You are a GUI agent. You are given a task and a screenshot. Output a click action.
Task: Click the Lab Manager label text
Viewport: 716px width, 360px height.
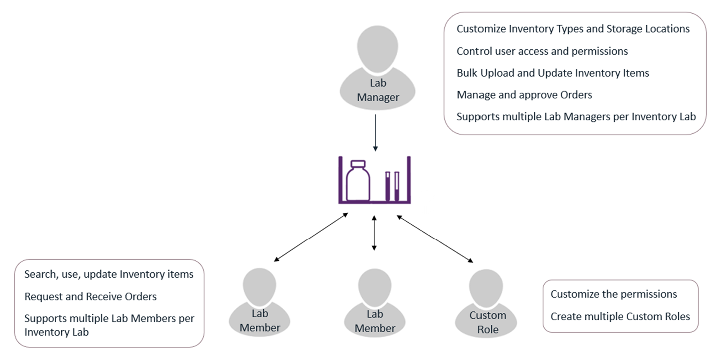click(378, 90)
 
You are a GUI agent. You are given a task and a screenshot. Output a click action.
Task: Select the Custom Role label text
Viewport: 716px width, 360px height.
click(488, 322)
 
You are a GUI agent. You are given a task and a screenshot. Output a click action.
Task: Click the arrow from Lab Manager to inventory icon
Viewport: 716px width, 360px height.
click(375, 132)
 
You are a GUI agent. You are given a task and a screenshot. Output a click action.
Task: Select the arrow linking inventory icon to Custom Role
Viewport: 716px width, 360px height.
click(435, 239)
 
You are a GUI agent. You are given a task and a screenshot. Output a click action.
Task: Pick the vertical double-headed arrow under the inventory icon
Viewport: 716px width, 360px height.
click(374, 233)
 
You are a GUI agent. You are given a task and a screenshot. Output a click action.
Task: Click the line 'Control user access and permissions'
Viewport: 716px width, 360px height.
click(542, 51)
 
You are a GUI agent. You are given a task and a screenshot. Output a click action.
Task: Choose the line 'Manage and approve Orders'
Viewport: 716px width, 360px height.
click(524, 95)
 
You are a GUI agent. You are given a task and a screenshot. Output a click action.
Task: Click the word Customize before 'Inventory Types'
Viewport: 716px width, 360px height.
click(481, 29)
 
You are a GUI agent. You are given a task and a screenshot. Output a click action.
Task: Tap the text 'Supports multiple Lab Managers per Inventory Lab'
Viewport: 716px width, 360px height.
click(576, 117)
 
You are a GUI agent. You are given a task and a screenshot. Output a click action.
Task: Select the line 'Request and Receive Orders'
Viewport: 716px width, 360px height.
click(91, 297)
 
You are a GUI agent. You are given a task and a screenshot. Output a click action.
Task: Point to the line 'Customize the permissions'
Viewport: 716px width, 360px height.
click(614, 294)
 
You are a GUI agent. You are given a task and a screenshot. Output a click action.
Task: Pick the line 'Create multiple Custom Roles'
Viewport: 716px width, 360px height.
click(620, 317)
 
